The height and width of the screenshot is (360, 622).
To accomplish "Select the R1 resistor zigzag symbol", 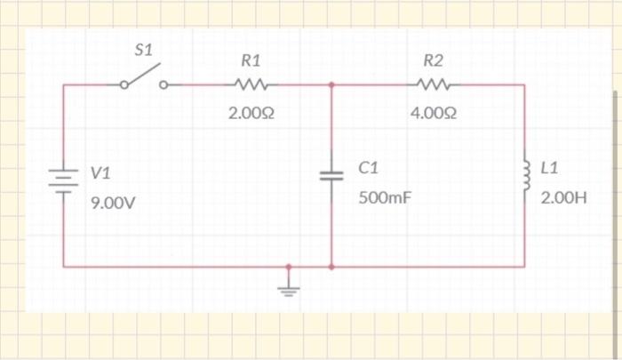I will (x=251, y=86).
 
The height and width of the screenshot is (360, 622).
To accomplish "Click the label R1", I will (x=251, y=61).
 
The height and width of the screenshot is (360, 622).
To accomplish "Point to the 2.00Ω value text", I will (x=251, y=114).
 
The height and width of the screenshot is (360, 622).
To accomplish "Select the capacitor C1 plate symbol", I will (x=331, y=175).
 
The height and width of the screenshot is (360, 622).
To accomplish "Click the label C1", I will (x=369, y=167).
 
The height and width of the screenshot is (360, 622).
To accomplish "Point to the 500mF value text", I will (x=385, y=197).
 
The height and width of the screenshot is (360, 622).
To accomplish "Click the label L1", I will (x=548, y=167).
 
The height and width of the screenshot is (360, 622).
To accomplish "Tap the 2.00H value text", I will (x=564, y=197).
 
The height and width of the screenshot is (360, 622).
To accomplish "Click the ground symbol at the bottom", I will (x=286, y=286).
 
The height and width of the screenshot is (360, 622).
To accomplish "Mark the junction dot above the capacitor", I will (x=331, y=86).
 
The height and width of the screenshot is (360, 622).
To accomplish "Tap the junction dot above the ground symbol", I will (x=286, y=266).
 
